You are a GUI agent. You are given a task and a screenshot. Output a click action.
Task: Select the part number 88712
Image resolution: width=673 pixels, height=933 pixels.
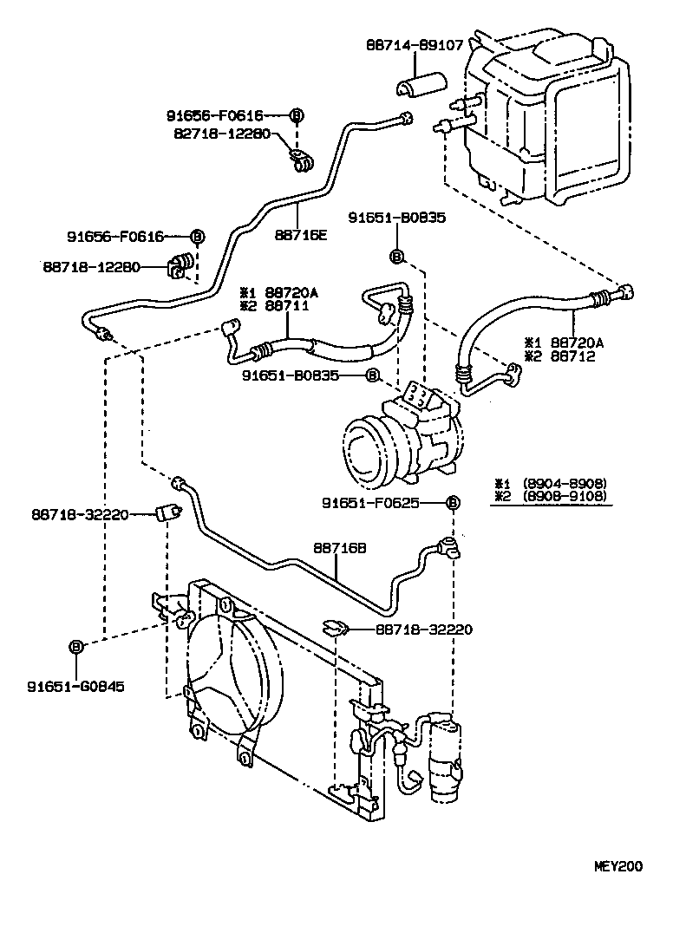(574, 356)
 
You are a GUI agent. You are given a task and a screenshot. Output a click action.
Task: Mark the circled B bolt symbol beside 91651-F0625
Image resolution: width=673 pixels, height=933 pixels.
(452, 502)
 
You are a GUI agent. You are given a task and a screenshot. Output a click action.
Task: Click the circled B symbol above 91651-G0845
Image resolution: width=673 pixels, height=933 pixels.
(76, 646)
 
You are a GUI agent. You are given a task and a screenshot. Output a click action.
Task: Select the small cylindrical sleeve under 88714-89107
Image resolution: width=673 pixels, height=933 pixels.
(419, 84)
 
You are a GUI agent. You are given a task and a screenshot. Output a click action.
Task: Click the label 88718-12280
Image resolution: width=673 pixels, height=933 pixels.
(91, 267)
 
